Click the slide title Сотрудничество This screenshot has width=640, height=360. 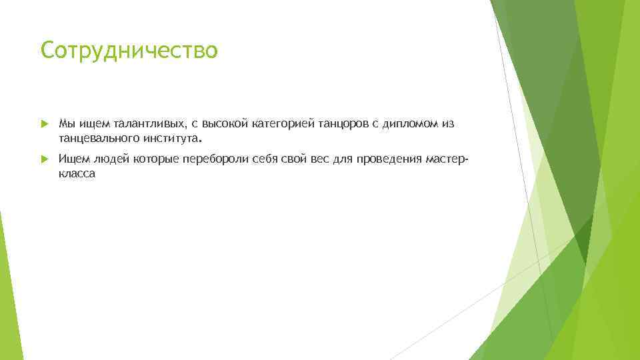point(129,50)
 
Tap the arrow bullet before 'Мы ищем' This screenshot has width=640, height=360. point(44,124)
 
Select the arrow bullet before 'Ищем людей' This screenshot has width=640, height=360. point(44,159)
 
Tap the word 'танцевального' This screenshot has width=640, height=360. point(98,139)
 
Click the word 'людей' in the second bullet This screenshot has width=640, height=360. point(113,159)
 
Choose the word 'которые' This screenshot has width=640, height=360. point(157,159)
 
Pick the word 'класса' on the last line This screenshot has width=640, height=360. point(77,173)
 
